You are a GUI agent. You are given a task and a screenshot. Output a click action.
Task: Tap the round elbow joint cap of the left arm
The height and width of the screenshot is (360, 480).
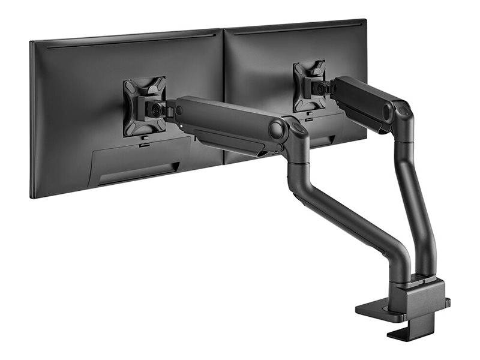[x=277, y=129]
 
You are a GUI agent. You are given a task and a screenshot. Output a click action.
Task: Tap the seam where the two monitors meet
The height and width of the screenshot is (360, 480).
[x=224, y=90]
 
